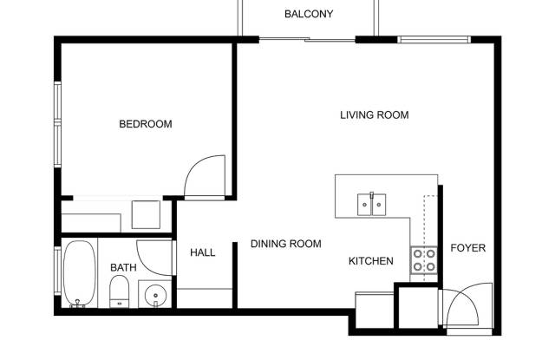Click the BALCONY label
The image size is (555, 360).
coord(309,14)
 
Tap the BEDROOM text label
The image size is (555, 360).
coord(146,124)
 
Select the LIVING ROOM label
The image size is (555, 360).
coord(375,115)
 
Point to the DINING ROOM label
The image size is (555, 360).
coord(286,244)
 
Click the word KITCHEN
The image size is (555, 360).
coord(371,261)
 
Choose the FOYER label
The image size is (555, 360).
coord(468,248)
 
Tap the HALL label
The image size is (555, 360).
coord(202,252)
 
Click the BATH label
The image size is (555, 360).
coord(123,267)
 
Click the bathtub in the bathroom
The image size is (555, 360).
coord(79,273)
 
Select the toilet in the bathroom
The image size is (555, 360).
coord(120,291)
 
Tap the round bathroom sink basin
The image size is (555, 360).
coord(155,295)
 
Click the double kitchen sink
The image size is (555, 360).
coord(371,204)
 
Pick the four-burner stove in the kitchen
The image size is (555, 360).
coord(424,260)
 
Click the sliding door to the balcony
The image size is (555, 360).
coord(307,39)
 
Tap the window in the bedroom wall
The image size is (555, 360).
coord(57,124)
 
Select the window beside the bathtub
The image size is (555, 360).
coord(57,271)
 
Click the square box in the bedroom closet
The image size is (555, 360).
coord(146,214)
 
